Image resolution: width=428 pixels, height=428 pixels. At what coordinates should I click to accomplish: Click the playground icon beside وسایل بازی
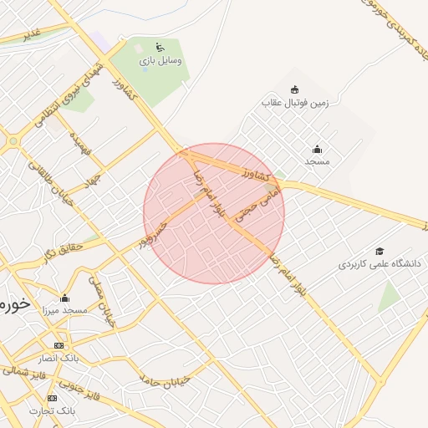coord(160,47)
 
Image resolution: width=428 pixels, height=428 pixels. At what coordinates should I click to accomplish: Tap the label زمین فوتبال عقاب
coord(296,103)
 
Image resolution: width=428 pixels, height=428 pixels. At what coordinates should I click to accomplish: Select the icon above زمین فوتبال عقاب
coord(294,89)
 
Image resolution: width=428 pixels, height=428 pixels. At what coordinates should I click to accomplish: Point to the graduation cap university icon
coord(380,251)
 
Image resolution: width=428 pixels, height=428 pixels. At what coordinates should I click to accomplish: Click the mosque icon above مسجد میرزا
coord(64,298)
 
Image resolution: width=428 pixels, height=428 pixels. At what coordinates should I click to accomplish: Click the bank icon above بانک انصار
coord(59,345)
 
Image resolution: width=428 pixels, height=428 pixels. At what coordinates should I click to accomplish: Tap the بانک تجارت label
coord(53,410)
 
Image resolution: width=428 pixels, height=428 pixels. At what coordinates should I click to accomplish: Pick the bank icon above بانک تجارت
coord(53,398)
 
